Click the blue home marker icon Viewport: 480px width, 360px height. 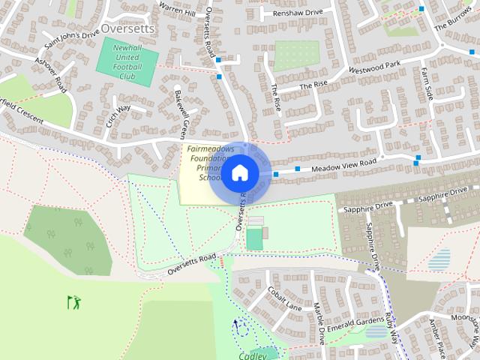click(239, 173)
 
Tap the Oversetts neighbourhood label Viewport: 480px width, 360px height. click(127, 28)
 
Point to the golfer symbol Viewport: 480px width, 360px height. click(73, 302)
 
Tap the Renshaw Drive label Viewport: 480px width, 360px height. click(298, 13)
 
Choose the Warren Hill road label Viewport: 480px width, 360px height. click(178, 11)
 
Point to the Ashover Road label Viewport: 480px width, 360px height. click(52, 75)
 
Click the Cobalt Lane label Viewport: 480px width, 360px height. click(284, 298)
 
